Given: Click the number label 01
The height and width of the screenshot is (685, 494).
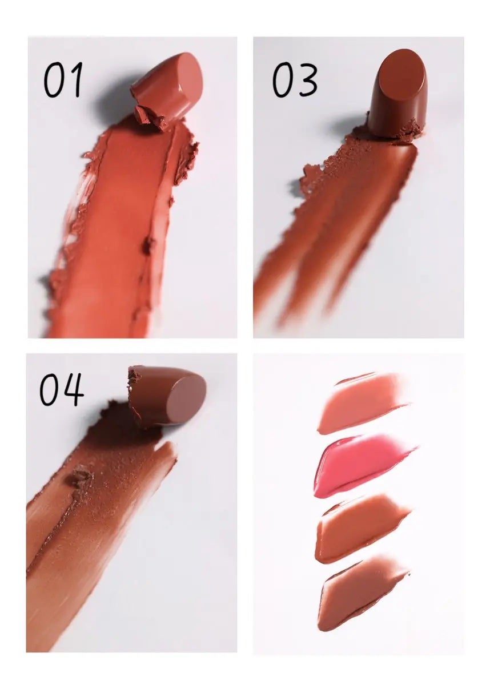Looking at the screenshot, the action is (x=63, y=79).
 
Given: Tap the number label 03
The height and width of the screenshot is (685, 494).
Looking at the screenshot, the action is (x=295, y=79).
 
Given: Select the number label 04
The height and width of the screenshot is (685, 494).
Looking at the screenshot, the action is (x=62, y=390).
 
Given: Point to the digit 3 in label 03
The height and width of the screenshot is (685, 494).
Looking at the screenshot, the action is (x=306, y=80).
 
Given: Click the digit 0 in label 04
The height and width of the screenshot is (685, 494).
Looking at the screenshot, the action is (x=50, y=390).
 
